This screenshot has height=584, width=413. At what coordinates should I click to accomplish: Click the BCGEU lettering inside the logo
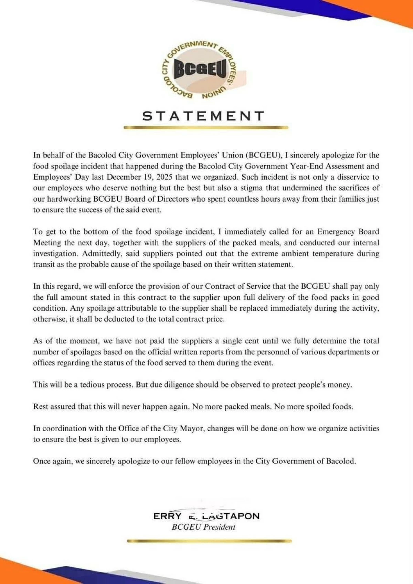[x=201, y=70]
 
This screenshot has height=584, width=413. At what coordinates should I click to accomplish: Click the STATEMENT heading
[x=204, y=116]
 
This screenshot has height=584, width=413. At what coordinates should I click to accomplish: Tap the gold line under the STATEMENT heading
[x=206, y=128]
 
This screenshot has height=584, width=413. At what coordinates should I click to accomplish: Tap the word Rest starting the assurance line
[x=41, y=407]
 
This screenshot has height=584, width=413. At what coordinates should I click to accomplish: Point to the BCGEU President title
[x=203, y=527]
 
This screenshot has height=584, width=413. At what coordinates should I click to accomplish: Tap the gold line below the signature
[x=209, y=541]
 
